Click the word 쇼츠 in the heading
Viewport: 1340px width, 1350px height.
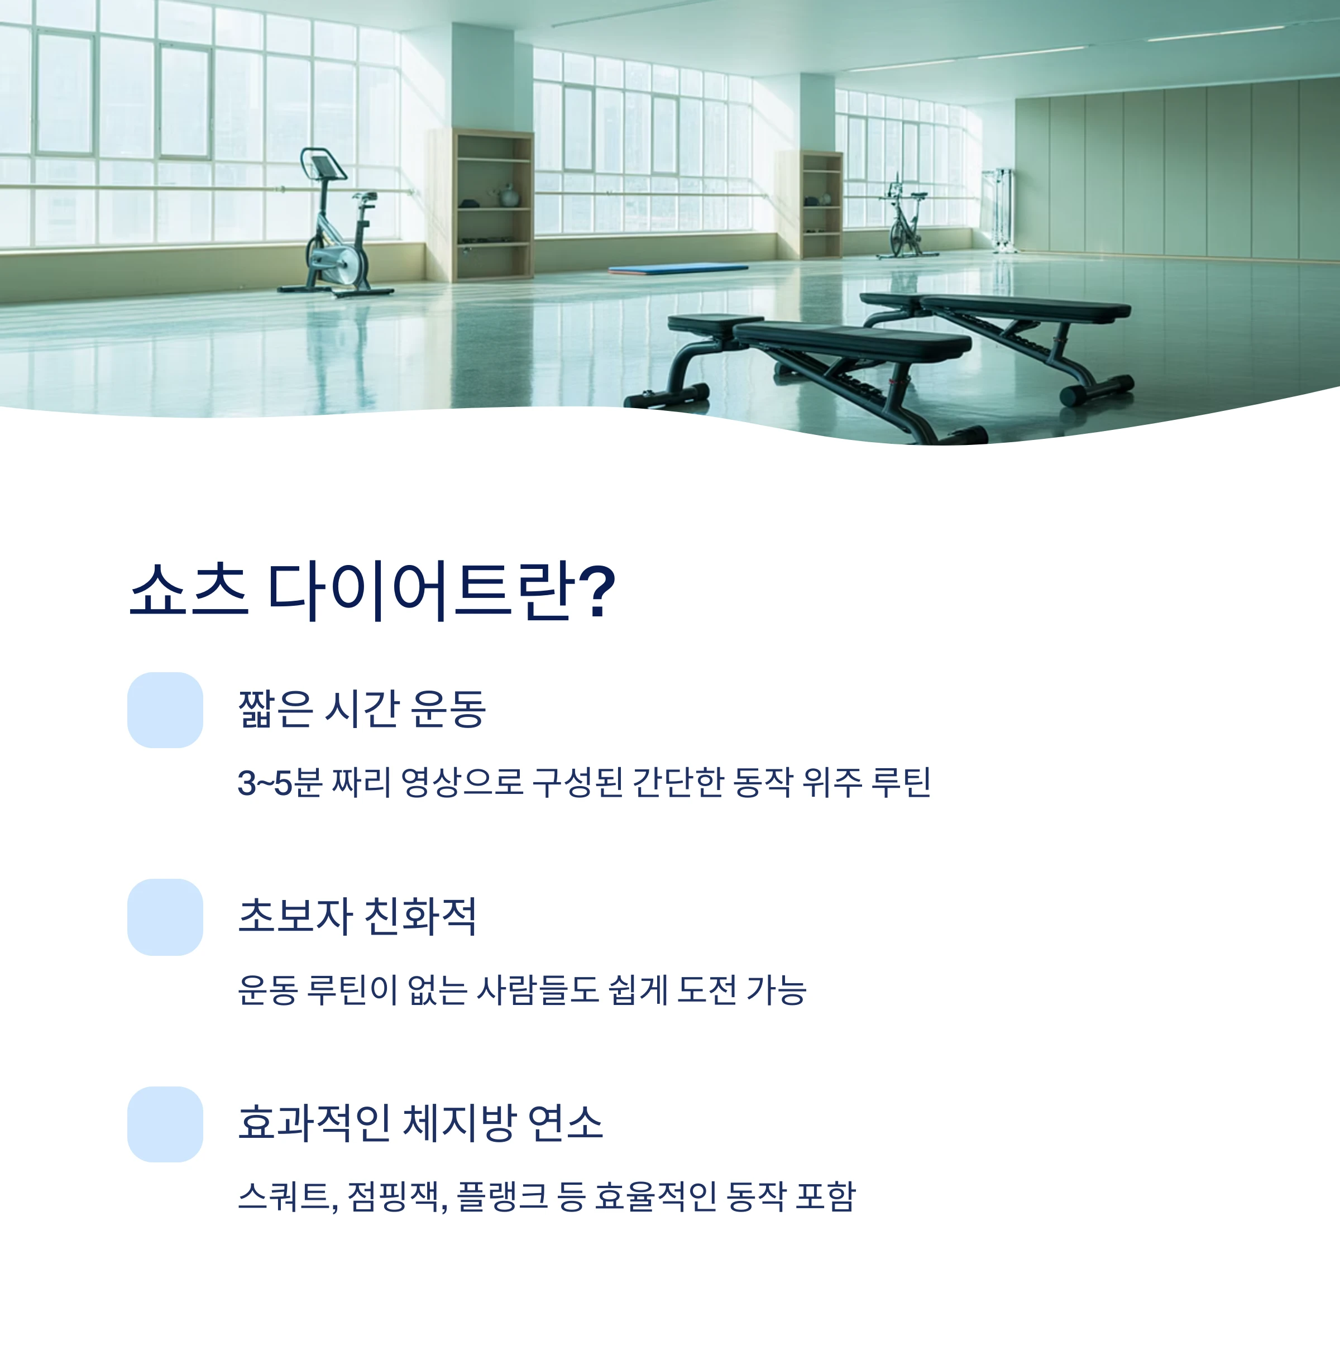click(189, 591)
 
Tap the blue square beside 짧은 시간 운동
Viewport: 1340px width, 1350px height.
click(165, 710)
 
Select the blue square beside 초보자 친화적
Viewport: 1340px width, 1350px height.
click(165, 917)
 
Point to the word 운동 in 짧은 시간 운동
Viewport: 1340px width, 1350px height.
click(447, 708)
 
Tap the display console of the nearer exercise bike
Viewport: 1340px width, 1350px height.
click(323, 167)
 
